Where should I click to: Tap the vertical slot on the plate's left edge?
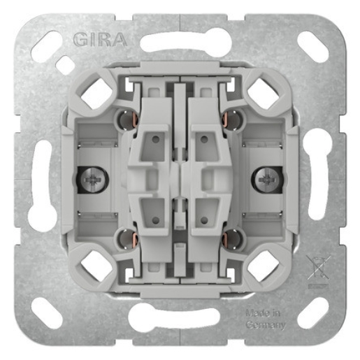coord(41,180)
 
